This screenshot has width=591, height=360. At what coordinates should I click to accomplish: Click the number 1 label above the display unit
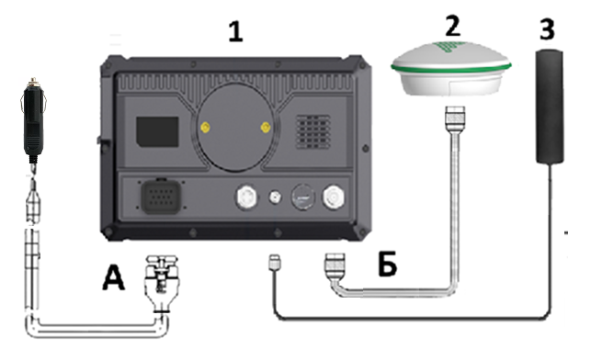235,31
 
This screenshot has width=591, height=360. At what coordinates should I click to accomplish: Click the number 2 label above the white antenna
453,25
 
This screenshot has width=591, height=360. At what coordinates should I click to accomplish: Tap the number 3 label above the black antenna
547,29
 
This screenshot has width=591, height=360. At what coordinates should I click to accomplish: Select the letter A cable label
113,277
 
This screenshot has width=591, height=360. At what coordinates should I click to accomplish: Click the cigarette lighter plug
33,120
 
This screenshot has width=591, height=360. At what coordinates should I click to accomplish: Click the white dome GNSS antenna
450,69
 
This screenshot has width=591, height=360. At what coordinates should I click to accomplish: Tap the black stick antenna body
550,107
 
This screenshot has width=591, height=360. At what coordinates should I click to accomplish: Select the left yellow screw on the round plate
205,128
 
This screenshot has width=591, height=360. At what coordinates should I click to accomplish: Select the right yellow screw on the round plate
266,128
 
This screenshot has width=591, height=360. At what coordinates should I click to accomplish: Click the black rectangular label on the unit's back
157,132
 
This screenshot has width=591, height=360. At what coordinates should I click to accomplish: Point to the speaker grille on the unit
313,132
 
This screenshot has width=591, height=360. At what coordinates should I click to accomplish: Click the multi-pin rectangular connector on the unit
160,197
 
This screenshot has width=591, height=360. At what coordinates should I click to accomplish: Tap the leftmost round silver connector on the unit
246,197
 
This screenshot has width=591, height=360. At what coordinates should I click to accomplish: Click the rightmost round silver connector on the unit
334,197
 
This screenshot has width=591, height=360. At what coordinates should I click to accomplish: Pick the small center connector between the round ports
275,197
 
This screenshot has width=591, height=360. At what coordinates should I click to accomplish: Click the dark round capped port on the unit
303,197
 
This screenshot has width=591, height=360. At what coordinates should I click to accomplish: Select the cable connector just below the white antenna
455,119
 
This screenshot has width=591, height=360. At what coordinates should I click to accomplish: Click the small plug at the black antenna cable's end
274,262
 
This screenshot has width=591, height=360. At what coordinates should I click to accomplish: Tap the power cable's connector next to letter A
162,284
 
